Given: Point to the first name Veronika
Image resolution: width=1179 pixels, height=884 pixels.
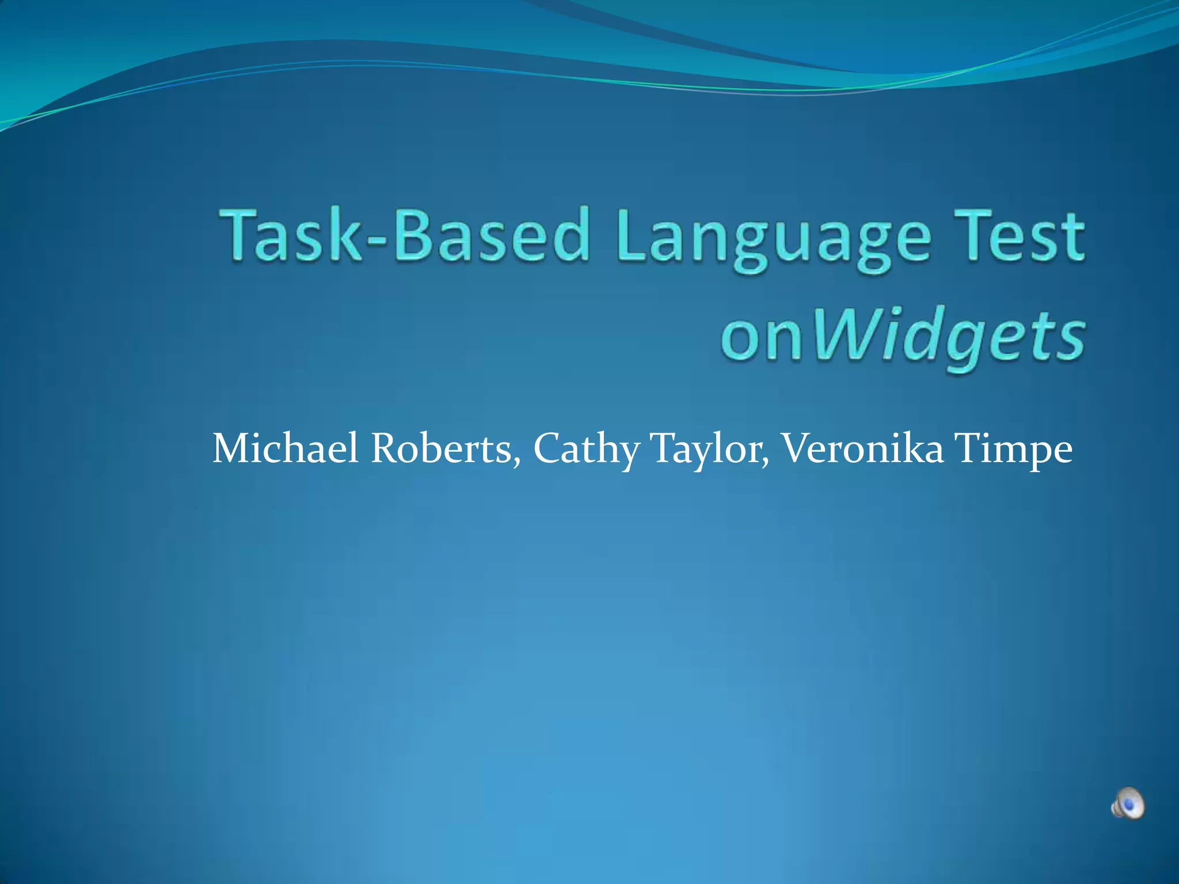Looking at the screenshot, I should (x=861, y=448).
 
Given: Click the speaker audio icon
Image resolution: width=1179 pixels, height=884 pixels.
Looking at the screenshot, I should (x=1127, y=802).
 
